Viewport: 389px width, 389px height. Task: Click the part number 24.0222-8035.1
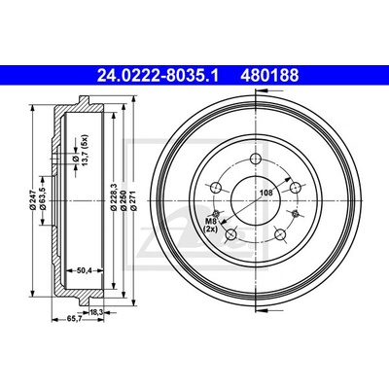tap(159, 76)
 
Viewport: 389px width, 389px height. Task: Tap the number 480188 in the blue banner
tap(269, 76)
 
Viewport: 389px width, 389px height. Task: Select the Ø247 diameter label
tap(33, 201)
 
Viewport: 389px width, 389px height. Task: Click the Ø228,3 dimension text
tap(114, 198)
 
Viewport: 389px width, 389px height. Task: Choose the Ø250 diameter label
tap(124, 200)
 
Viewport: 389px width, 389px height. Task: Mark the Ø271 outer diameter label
tap(134, 200)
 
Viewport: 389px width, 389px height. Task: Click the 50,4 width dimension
tap(85, 270)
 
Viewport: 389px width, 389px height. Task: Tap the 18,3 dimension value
tap(96, 312)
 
